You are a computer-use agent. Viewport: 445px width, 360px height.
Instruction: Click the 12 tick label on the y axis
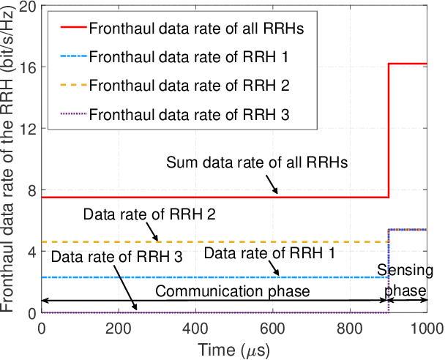click(x=29, y=128)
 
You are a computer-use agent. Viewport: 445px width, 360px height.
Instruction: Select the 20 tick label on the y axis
click(x=29, y=5)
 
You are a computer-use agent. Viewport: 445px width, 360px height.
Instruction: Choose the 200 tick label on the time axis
click(x=119, y=326)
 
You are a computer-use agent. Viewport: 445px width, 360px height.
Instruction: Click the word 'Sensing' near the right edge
click(x=405, y=271)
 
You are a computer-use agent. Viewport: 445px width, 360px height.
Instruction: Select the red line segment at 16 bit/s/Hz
click(x=408, y=64)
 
